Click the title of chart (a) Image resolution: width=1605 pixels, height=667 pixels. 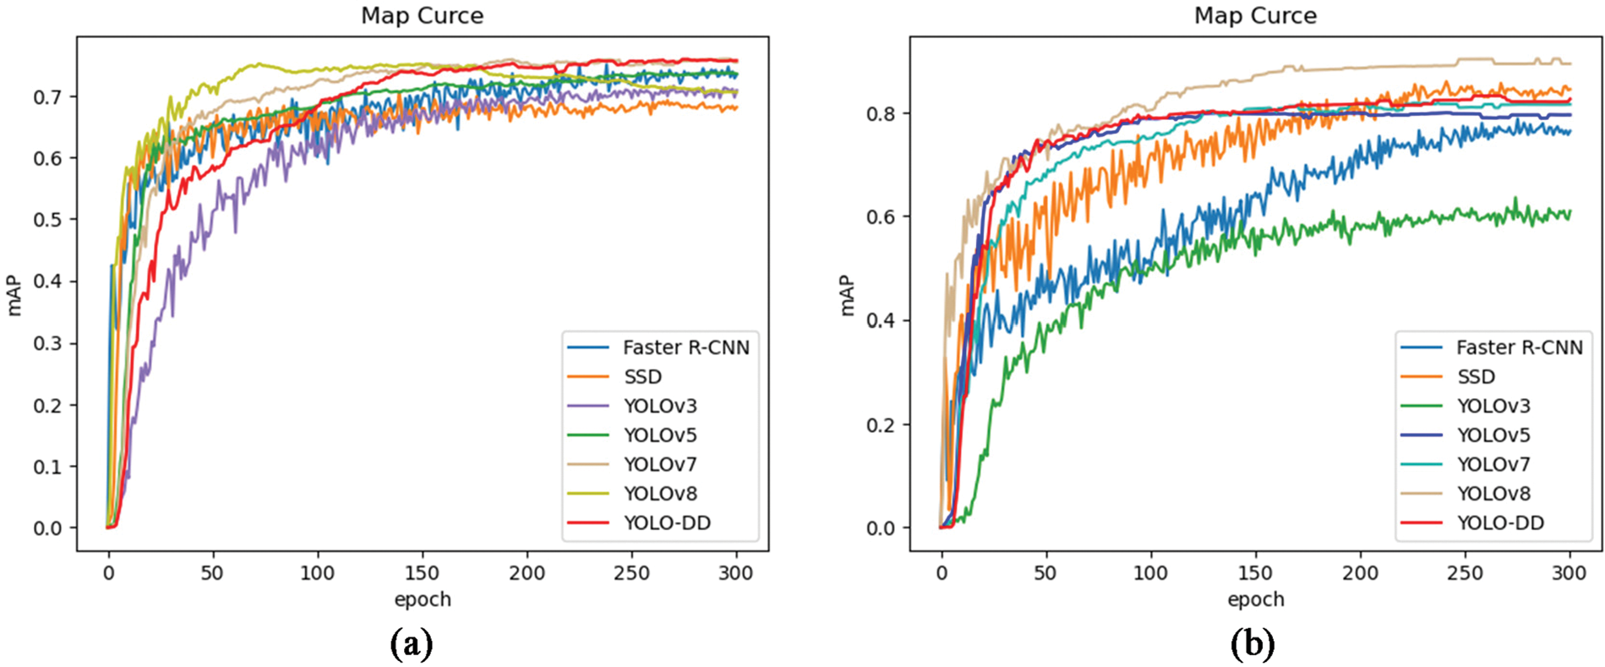[422, 16]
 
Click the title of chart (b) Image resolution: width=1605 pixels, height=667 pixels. [1255, 16]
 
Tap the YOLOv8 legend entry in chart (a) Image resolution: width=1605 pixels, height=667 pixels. [660, 494]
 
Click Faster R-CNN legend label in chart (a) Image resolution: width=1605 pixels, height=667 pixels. [685, 347]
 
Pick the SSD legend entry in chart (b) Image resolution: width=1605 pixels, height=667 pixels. [1476, 377]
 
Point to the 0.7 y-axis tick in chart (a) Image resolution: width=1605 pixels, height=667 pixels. [47, 97]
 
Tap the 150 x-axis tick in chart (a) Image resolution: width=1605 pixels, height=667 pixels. [422, 573]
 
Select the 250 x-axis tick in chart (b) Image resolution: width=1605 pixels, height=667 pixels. [1465, 573]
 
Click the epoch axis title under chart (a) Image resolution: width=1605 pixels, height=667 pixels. [422, 599]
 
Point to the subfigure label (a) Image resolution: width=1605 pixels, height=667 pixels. [412, 645]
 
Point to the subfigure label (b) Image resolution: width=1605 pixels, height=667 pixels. [1253, 645]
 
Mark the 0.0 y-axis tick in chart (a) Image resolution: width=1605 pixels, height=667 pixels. [47, 528]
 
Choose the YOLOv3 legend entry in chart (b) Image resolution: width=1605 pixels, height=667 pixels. [1493, 406]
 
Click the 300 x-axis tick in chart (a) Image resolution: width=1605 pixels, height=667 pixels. [735, 573]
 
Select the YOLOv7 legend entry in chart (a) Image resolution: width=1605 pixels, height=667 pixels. [660, 464]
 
